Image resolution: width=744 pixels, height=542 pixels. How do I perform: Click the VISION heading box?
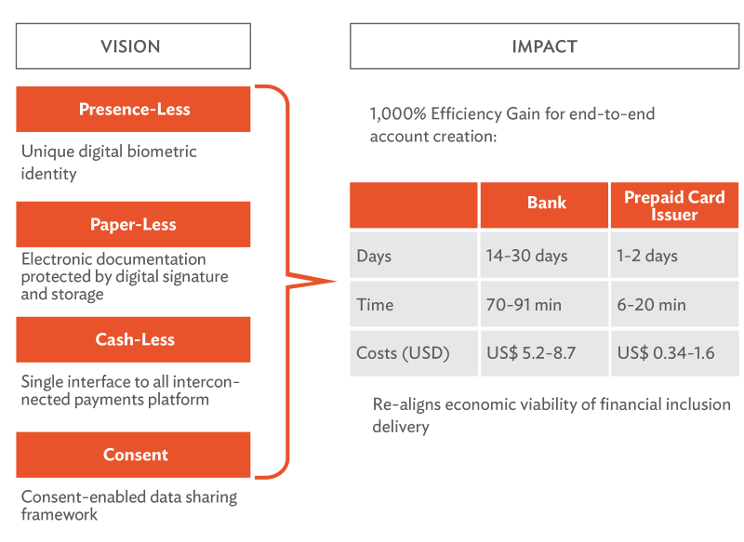pos(133,46)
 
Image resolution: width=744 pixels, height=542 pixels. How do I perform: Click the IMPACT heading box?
pos(544,46)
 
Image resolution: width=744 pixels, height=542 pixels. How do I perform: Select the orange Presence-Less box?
pos(133,109)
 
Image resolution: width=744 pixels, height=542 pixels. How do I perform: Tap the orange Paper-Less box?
pos(133,224)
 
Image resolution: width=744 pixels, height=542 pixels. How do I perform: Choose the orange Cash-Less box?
pos(133,339)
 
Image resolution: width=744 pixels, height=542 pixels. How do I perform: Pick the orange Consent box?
pos(133,455)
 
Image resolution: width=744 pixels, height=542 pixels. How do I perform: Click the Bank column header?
pos(544,205)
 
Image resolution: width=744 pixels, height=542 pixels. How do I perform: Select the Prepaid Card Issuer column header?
pos(674,205)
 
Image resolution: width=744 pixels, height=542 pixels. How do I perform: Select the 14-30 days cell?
pos(544,255)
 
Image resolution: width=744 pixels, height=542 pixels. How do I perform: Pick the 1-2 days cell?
pos(674,255)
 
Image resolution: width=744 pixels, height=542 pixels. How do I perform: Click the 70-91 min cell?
pos(544,304)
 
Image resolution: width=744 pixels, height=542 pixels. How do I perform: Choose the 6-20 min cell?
pos(674,304)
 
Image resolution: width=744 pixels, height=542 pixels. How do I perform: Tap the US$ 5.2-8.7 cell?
pos(544,352)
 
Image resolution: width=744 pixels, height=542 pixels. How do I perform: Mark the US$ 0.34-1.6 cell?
pos(674,352)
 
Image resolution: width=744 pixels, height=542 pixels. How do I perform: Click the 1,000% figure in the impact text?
pos(398,114)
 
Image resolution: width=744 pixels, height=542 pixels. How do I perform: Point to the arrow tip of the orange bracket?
pos(335,281)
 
